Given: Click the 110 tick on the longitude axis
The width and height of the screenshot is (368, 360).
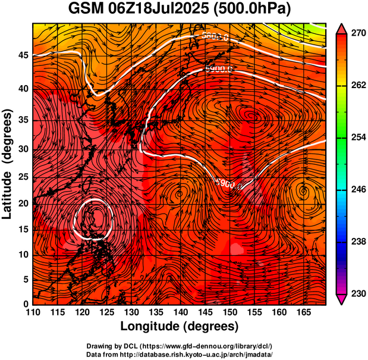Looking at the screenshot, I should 33,312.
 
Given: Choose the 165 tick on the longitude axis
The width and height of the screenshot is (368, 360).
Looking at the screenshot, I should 302,312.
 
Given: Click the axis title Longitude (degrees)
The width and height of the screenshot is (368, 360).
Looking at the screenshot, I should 180,326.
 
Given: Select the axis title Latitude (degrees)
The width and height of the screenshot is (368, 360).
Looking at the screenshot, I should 8,164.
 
